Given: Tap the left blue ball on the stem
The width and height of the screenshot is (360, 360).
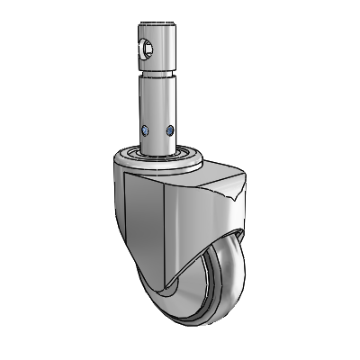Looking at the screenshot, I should click(144, 130).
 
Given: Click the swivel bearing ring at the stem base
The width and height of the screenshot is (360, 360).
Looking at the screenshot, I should click(158, 156).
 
